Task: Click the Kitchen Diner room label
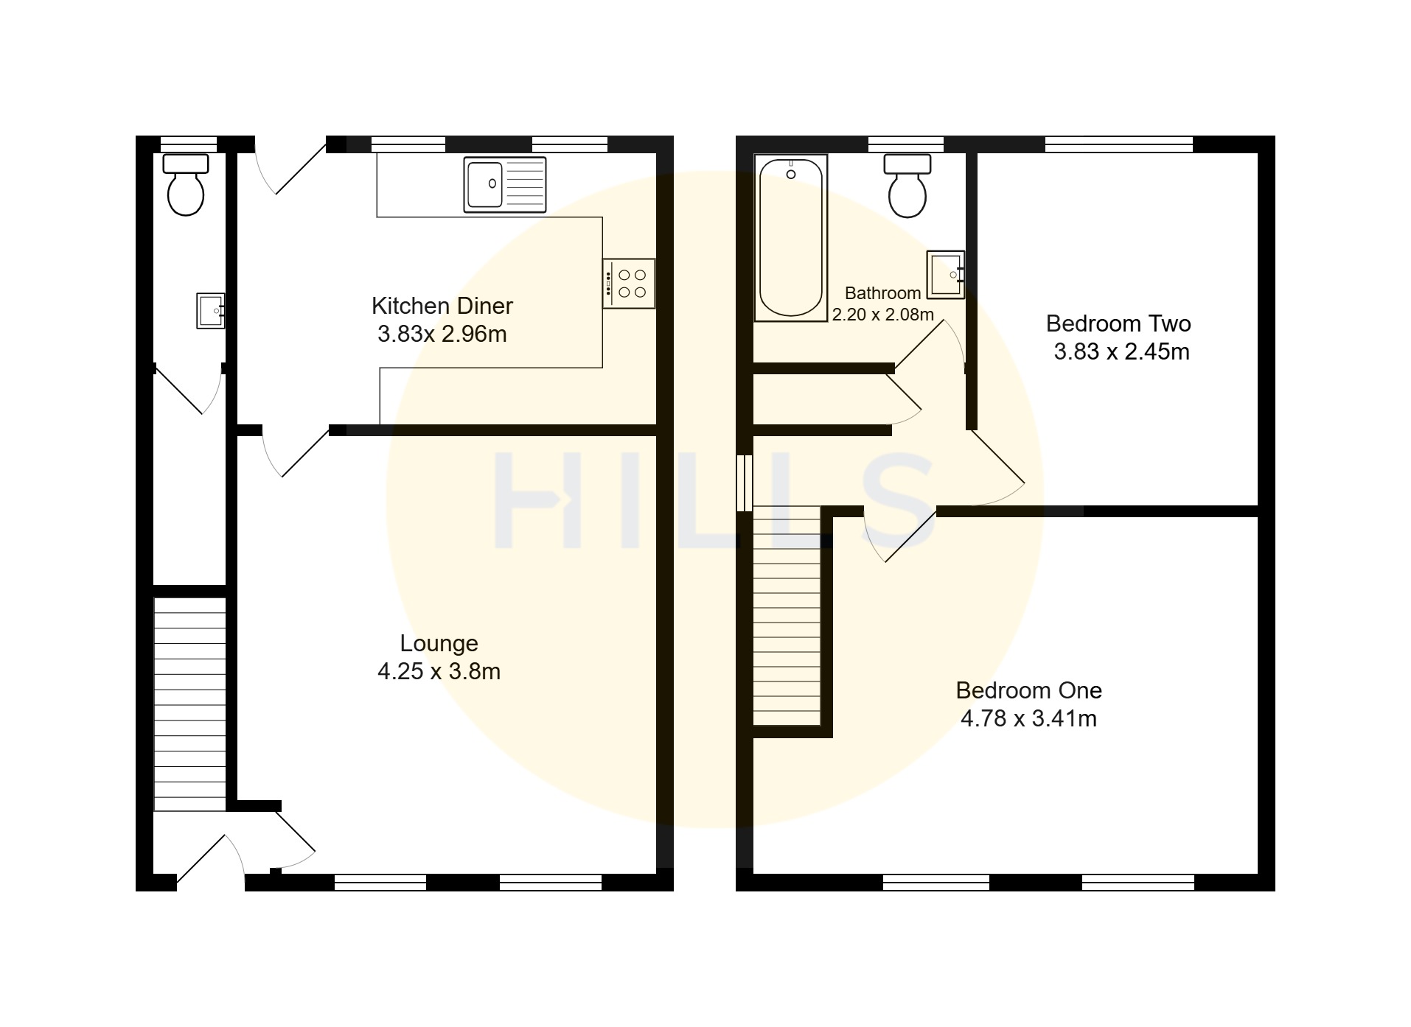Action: click(442, 306)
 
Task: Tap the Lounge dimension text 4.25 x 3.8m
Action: click(439, 671)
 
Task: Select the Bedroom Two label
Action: click(1118, 323)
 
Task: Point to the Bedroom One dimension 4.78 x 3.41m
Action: click(1028, 718)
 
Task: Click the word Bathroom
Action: click(882, 293)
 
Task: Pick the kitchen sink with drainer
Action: click(505, 184)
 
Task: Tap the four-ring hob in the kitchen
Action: click(629, 284)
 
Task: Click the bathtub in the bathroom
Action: click(791, 238)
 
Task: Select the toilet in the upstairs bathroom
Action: click(907, 186)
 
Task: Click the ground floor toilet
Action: click(186, 184)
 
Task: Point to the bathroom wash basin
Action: click(946, 275)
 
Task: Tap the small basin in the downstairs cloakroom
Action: click(211, 310)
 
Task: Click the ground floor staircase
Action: click(189, 704)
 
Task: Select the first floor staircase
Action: click(787, 616)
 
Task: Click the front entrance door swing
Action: click(211, 859)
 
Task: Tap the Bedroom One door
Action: click(899, 535)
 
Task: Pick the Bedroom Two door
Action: click(996, 468)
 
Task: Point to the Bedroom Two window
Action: click(1119, 144)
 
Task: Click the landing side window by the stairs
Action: click(745, 483)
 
